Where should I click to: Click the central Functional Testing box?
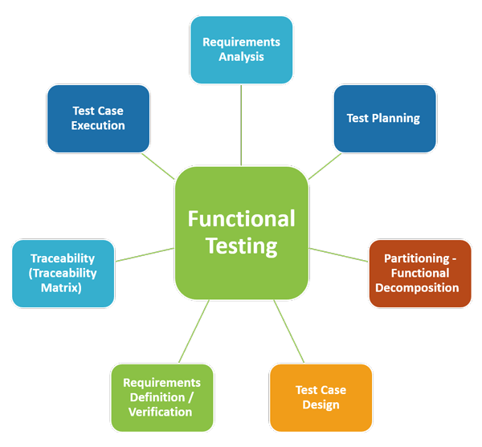241,233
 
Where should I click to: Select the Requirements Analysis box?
241,48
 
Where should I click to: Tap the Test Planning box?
384,118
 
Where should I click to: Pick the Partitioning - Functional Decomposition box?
420,273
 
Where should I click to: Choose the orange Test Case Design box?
321,397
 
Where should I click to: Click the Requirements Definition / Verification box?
161,397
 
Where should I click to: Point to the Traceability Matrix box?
63,273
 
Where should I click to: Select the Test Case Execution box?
98,118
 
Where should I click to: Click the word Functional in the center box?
241,218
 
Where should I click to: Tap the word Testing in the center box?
241,246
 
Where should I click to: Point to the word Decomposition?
421,287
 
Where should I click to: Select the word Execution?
98,125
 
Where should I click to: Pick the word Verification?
161,412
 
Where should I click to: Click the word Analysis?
241,56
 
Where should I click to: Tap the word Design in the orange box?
321,404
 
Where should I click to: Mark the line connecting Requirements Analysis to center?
241,124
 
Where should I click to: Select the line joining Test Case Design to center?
290,331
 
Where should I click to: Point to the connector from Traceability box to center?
145,254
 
